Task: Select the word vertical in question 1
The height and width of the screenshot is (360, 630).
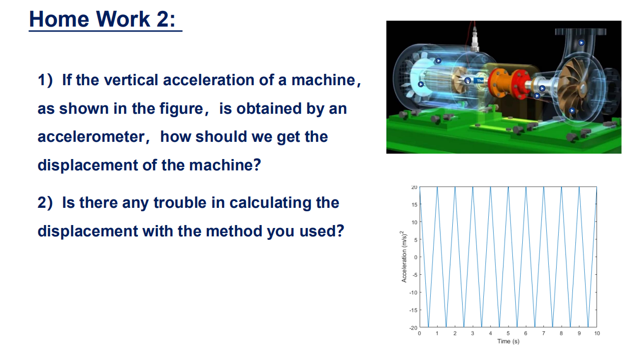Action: pyautogui.click(x=128, y=80)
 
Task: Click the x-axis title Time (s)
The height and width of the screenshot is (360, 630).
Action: pyautogui.click(x=508, y=341)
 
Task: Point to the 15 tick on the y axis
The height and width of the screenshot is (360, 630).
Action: pyautogui.click(x=414, y=205)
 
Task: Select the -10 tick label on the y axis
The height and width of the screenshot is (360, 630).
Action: pyautogui.click(x=413, y=293)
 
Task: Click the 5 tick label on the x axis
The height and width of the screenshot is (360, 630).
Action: pyautogui.click(x=508, y=333)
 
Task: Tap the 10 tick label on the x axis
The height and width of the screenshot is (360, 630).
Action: pyautogui.click(x=597, y=333)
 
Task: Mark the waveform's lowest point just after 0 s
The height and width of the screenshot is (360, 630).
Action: pyautogui.click(x=428, y=327)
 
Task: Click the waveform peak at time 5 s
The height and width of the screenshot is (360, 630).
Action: pyautogui.click(x=508, y=188)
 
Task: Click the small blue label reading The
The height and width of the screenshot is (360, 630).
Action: pyautogui.click(x=480, y=80)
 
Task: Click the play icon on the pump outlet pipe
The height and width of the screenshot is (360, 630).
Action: pyautogui.click(x=581, y=42)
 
